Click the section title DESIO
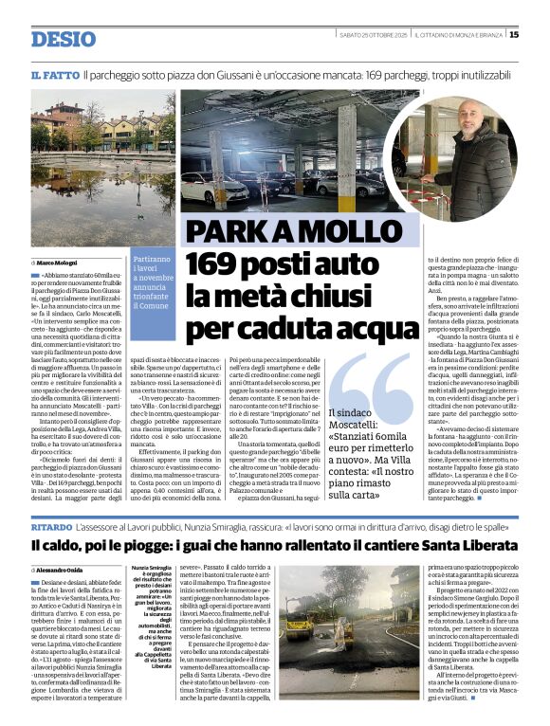(64, 39)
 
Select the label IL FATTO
(54, 74)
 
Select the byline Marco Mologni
(58, 261)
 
